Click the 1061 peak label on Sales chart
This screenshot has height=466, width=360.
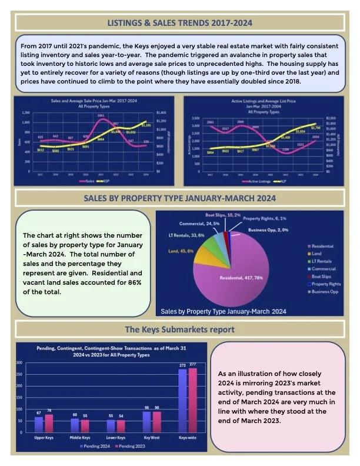[101, 116]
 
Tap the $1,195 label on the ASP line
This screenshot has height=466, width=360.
[146, 125]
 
